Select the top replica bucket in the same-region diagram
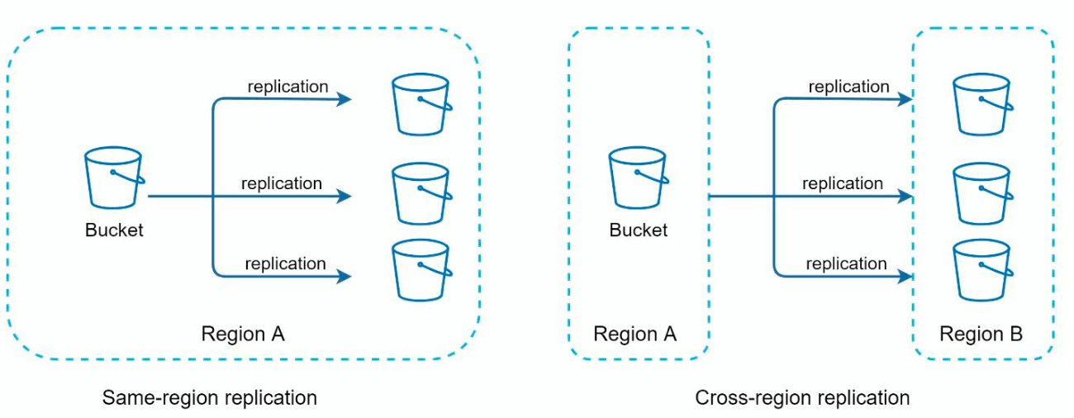(421, 104)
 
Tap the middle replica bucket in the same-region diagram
(421, 193)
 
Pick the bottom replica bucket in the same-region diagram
(421, 269)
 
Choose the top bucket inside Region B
(981, 104)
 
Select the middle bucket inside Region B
(981, 193)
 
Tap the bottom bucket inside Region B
(981, 269)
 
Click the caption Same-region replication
(209, 397)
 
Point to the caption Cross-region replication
(802, 397)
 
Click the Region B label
(981, 335)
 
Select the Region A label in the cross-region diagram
(634, 335)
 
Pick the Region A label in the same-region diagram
(243, 335)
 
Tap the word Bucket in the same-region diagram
(114, 230)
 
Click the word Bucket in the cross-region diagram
(638, 230)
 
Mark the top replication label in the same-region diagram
(288, 87)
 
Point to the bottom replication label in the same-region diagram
(285, 264)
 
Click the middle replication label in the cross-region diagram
(843, 183)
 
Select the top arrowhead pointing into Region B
(906, 100)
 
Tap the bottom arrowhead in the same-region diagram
(345, 277)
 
